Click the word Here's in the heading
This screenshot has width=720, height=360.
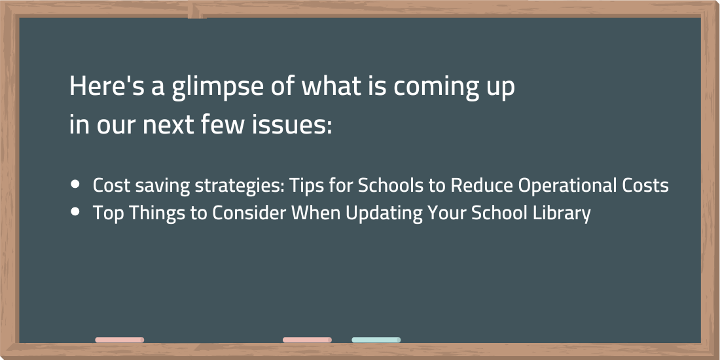(x=110, y=86)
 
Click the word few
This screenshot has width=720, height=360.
(x=223, y=126)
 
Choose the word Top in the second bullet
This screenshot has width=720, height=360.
(x=106, y=213)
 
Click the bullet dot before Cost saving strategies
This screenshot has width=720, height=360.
(x=75, y=185)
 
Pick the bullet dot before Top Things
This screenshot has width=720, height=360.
(x=75, y=211)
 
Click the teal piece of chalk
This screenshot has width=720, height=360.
(x=376, y=340)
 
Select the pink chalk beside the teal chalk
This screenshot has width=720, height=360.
(x=307, y=340)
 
